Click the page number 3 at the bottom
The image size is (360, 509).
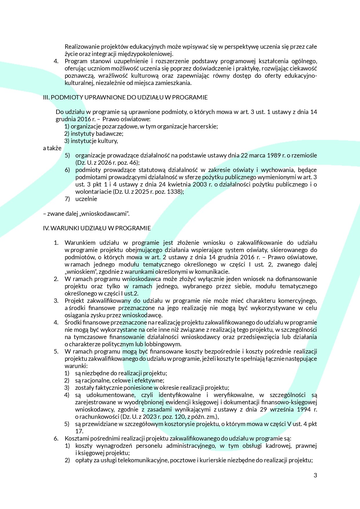point(315,475)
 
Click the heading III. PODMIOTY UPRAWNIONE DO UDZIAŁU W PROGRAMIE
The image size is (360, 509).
point(125,97)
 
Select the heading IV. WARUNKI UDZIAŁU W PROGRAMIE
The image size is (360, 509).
point(97,228)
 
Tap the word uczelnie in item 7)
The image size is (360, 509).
point(86,199)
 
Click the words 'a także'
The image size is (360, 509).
point(52,148)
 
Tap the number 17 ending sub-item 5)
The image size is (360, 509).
point(79,431)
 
